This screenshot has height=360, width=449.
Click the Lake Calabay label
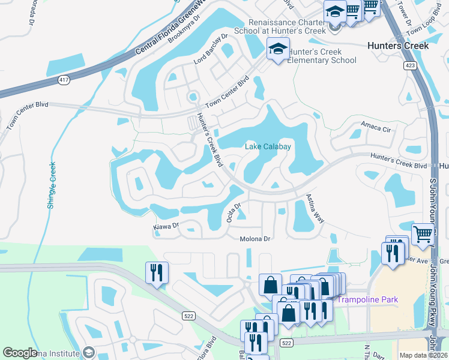point(268,146)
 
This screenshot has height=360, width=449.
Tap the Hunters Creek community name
point(399,46)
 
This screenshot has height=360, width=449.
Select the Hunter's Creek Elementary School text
point(322,56)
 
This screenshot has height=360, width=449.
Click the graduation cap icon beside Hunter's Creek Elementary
point(278,49)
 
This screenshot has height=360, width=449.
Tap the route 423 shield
point(410,65)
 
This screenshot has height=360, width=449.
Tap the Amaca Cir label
point(376,125)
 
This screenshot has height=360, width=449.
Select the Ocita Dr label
point(234,213)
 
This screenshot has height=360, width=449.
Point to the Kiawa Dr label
point(166,226)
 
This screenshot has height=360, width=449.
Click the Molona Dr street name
point(256,239)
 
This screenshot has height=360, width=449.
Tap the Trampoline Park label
point(368,299)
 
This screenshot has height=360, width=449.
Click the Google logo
point(20,353)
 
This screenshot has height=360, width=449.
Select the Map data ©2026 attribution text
point(423,355)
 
